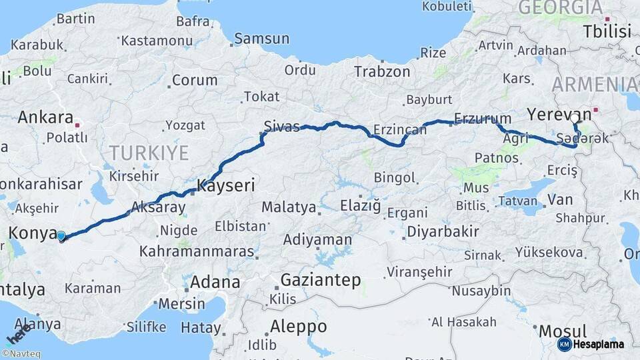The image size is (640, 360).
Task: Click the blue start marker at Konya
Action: point(61,235)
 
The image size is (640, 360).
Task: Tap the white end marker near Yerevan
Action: point(575,119)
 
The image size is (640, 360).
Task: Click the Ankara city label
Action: point(45,117)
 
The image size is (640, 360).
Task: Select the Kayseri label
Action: point(226,185)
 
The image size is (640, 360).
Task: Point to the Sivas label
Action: point(282,127)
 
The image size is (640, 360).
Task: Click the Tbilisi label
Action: point(607,31)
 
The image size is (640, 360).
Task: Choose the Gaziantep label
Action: point(320,280)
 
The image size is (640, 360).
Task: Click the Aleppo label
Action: point(298,327)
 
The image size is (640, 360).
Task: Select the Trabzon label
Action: point(382,71)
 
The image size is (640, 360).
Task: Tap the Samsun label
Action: point(261,39)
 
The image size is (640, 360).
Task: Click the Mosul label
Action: point(563,331)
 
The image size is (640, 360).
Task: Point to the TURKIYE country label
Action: point(149,153)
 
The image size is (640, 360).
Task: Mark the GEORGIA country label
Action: point(560,8)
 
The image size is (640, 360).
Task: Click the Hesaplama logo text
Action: point(599,344)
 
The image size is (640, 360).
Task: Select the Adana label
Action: point(215,281)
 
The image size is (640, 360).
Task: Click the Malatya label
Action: point(289,207)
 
